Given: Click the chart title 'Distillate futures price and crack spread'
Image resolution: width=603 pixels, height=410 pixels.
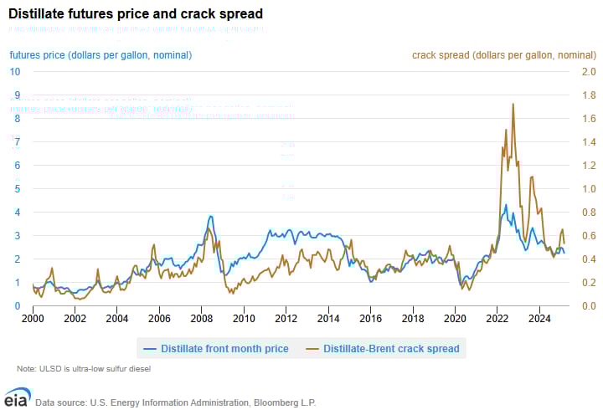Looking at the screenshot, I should point(136,13).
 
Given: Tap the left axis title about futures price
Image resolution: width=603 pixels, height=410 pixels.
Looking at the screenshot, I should point(100,55).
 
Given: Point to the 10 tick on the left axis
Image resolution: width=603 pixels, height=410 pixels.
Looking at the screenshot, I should point(15,71).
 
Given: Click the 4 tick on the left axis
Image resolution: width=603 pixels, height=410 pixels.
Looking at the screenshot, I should point(15,212).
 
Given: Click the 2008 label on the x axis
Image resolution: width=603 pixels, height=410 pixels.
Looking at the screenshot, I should point(201,319).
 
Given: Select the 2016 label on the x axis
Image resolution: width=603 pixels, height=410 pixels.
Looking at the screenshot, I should point(370,319).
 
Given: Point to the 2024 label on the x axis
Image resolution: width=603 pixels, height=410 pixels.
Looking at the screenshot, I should point(539,319).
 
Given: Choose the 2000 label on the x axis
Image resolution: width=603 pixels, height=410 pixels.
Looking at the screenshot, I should point(33,319).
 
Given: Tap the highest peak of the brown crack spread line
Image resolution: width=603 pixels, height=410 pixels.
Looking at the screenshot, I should point(513,104).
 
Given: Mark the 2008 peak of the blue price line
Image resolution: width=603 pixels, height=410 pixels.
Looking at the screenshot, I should point(210,216).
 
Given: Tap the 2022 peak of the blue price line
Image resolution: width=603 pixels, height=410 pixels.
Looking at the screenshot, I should point(504,203).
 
